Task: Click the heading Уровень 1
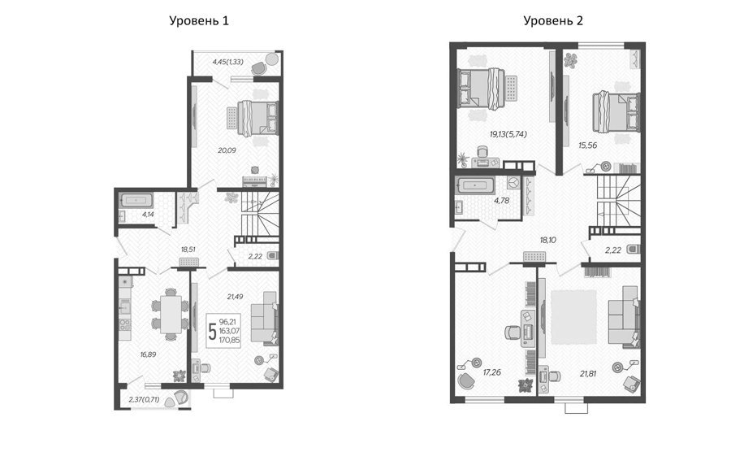click(199, 21)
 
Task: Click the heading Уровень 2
click(553, 21)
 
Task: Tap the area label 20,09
click(227, 150)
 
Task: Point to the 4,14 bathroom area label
click(149, 215)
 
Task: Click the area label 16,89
click(149, 354)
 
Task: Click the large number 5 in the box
click(213, 332)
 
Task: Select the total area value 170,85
click(229, 341)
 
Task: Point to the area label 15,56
click(588, 146)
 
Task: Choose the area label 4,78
click(502, 201)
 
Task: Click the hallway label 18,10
click(547, 241)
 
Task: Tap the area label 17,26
click(492, 372)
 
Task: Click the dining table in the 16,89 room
click(171, 314)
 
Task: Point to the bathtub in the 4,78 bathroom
click(475, 185)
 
